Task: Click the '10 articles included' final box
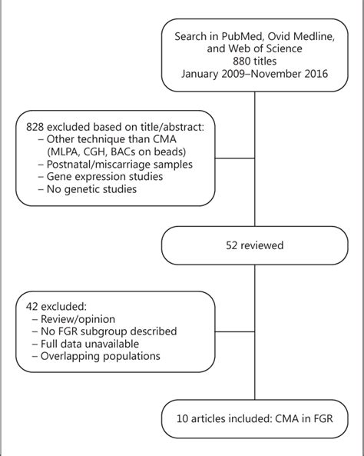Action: click(255, 418)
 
